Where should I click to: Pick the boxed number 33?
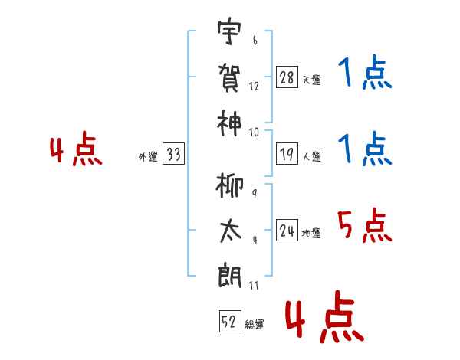[x=173, y=155]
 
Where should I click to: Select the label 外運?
[x=148, y=157]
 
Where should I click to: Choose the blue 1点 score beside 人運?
[x=364, y=149]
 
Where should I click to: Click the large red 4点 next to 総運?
[x=324, y=320]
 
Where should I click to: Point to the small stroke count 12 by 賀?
[x=255, y=87]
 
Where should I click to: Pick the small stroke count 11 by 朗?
[x=255, y=286]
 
